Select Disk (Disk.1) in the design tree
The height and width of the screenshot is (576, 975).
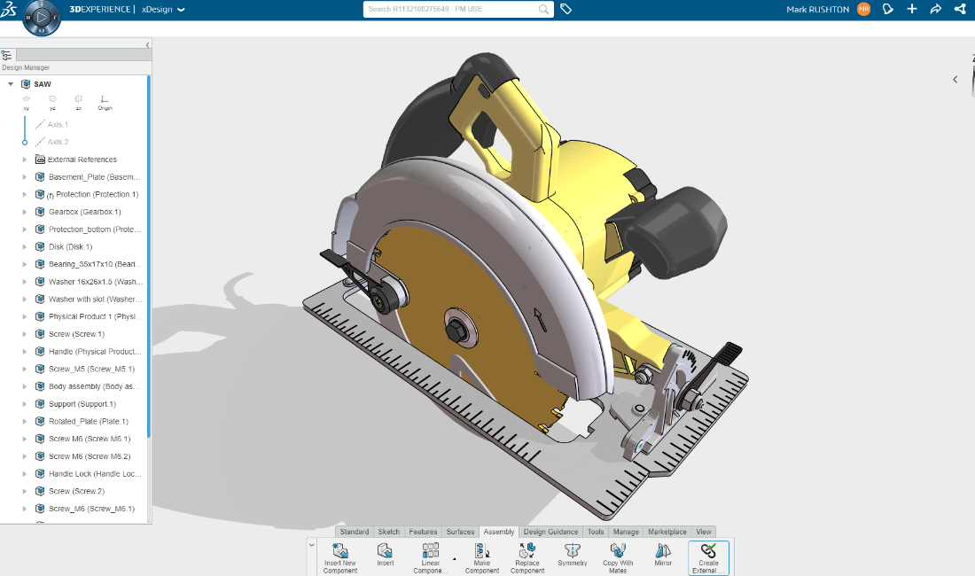[70, 246]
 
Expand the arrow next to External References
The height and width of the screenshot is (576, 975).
[25, 160]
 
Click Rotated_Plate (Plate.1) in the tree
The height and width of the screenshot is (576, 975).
[88, 421]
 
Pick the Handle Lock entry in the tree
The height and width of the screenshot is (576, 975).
[93, 473]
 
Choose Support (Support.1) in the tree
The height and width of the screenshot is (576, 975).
[82, 404]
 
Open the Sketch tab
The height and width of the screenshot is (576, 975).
[389, 532]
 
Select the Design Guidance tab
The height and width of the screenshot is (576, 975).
[550, 532]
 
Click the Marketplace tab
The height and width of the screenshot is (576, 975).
[667, 532]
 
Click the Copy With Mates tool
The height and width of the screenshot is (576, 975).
[618, 557]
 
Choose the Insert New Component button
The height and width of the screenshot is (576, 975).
[340, 557]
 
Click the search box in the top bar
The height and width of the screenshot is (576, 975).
[452, 9]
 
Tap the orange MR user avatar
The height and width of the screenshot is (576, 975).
[863, 9]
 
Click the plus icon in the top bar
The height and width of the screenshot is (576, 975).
[912, 9]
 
